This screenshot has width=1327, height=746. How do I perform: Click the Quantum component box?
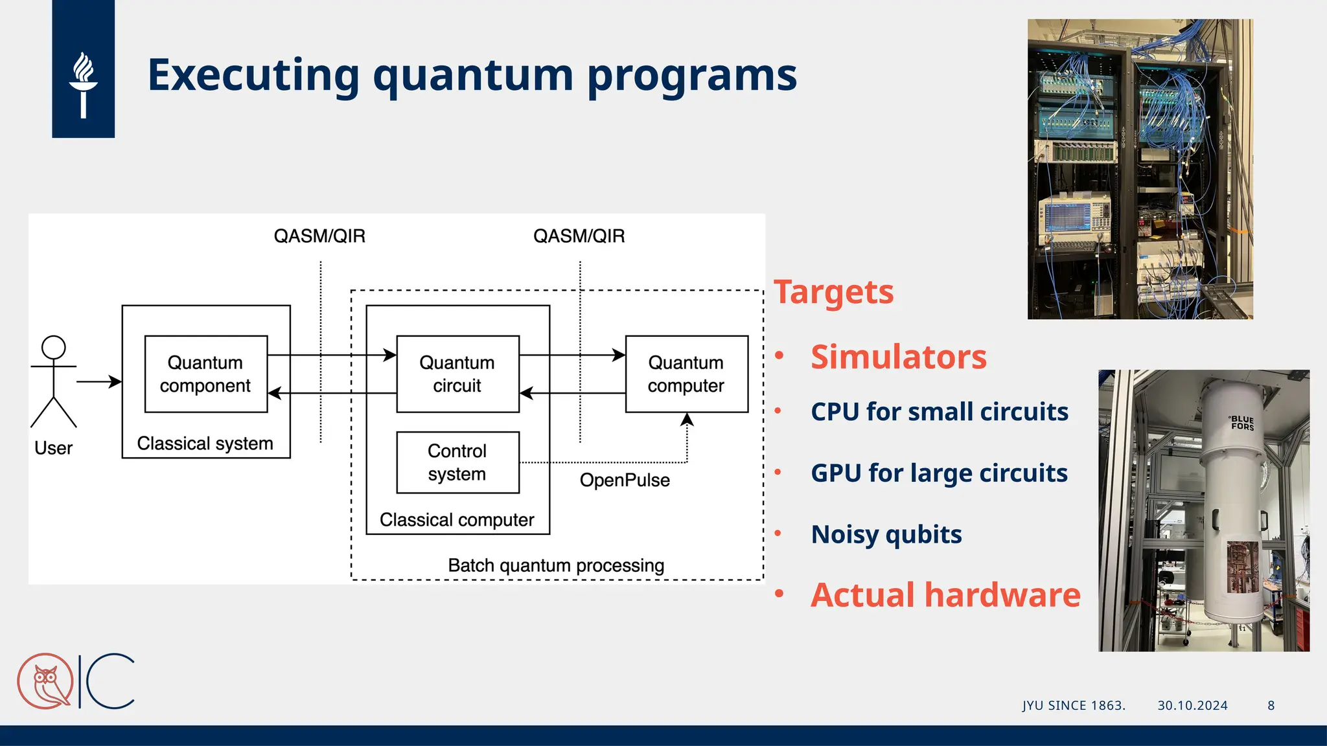tap(205, 374)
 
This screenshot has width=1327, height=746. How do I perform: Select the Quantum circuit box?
tap(457, 374)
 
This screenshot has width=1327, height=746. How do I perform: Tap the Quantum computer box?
tap(686, 374)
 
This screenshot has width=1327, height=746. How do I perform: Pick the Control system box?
tap(457, 462)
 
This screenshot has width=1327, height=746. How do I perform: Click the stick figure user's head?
tap(54, 347)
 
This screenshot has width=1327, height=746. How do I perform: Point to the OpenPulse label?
tap(625, 480)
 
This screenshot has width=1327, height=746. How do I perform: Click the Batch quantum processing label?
tap(556, 565)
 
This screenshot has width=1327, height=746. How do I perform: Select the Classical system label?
tap(205, 444)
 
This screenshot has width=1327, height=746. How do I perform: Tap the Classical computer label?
tap(457, 520)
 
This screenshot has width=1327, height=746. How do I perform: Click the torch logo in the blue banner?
tap(83, 84)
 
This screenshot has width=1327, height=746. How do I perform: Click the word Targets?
tap(833, 292)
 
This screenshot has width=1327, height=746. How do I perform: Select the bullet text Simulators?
tap(898, 357)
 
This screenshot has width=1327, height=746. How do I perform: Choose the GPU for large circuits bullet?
tap(939, 473)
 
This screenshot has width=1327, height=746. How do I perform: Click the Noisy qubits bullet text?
tap(886, 535)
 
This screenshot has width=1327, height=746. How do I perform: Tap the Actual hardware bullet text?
tap(945, 595)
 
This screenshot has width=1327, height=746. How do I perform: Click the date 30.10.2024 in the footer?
tap(1192, 706)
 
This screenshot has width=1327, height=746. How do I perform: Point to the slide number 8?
tap(1271, 706)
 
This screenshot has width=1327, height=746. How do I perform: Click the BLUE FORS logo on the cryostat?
tap(1242, 423)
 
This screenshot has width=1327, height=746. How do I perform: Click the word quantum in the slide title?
tap(473, 76)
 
